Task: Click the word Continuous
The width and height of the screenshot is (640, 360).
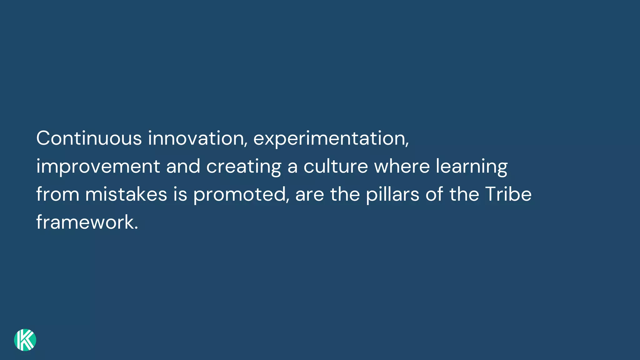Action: [89, 138]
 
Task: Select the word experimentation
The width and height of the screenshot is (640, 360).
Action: [331, 139]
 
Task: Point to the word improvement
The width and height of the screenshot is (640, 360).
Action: [98, 166]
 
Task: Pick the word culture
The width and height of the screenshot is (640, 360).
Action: [336, 166]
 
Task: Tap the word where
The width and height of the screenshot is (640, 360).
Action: [402, 166]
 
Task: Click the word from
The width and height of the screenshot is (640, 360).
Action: [58, 194]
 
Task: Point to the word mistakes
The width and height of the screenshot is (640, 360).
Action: [126, 194]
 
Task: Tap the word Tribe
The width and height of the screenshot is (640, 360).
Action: [508, 194]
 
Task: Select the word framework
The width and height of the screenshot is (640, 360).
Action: [85, 222]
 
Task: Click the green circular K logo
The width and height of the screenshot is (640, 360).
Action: [25, 340]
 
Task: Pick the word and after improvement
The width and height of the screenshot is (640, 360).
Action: [183, 166]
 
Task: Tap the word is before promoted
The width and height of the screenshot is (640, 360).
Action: [180, 194]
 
